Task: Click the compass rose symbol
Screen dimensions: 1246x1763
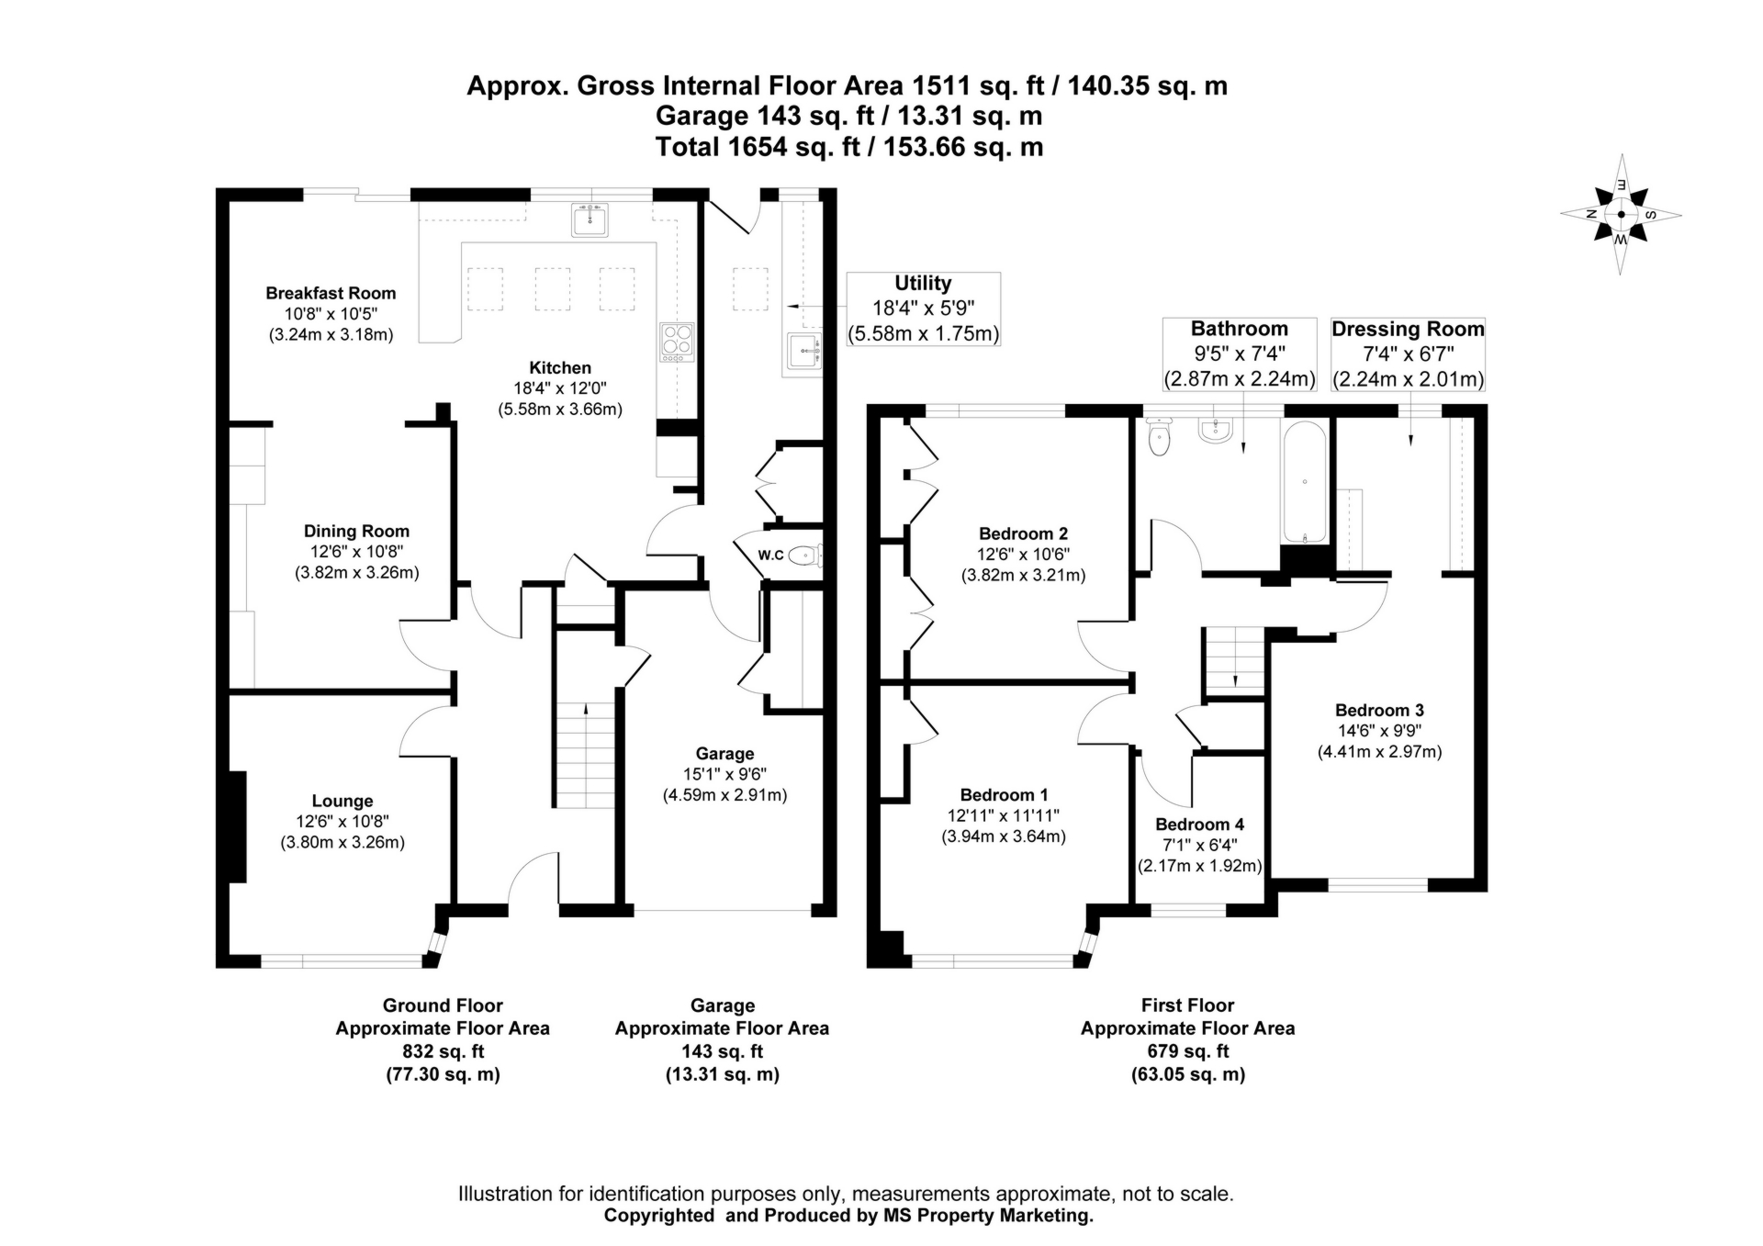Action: pyautogui.click(x=1621, y=215)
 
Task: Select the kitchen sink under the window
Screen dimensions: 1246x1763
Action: pyautogui.click(x=590, y=220)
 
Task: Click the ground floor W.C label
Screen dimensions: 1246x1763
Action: pyautogui.click(x=770, y=555)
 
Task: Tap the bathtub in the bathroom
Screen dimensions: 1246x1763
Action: pyautogui.click(x=1304, y=481)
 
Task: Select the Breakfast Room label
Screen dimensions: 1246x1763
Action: pyautogui.click(x=331, y=293)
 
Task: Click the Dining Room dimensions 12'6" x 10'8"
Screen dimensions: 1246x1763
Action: pyautogui.click(x=356, y=552)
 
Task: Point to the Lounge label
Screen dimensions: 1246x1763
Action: pyautogui.click(x=342, y=801)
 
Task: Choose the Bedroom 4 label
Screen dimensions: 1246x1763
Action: pyautogui.click(x=1199, y=825)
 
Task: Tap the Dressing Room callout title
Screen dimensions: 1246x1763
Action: pyautogui.click(x=1408, y=329)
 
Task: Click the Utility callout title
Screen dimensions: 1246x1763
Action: pyautogui.click(x=923, y=284)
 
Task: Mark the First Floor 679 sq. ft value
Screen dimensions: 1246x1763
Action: pyautogui.click(x=1187, y=1051)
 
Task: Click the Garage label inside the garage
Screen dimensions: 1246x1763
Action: pyautogui.click(x=724, y=754)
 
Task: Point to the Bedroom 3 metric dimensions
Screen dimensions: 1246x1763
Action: pyautogui.click(x=1379, y=752)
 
